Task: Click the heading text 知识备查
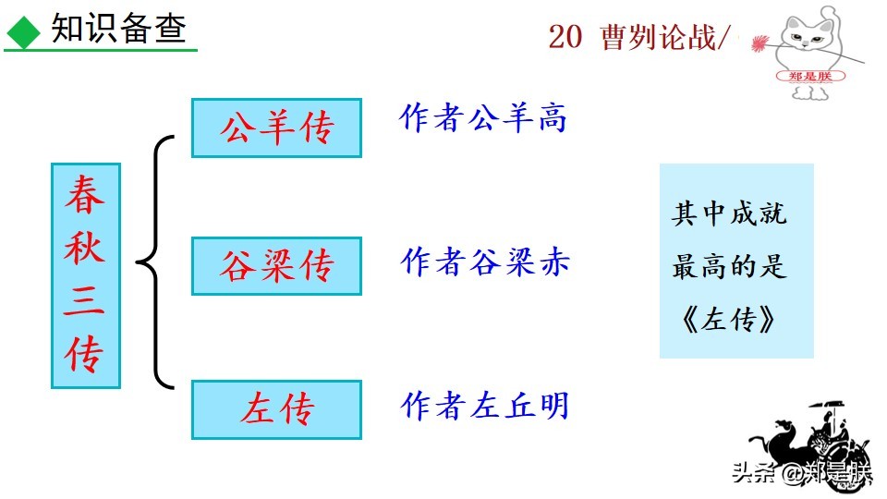119,30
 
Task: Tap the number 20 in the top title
565,38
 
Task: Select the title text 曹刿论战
657,38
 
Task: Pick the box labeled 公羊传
276,128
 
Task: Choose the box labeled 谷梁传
276,266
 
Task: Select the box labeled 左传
276,408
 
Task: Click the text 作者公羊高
483,117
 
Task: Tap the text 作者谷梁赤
485,262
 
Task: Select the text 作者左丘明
485,406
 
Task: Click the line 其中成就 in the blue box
729,215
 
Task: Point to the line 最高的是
729,267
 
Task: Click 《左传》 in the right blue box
729,320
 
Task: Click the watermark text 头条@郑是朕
801,473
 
